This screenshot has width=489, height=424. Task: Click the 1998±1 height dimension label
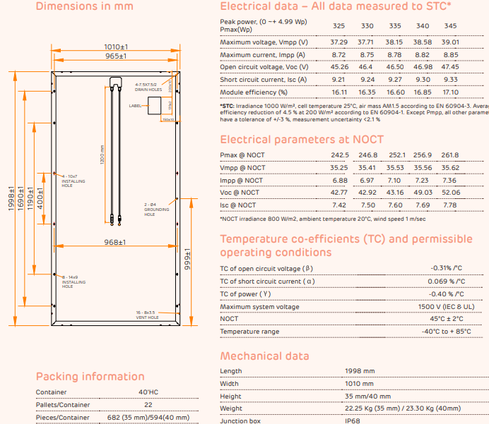[x=11, y=200]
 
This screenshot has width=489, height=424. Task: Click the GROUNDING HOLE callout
[x=157, y=210]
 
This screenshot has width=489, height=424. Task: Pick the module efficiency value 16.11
[x=339, y=92]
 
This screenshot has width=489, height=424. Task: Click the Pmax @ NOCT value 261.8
[x=450, y=155]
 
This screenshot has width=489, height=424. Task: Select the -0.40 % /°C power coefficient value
[x=447, y=294]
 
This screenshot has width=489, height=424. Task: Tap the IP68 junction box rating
[x=353, y=421]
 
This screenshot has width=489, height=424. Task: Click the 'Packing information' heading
[x=90, y=377]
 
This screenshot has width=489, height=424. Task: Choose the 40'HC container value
[x=148, y=392]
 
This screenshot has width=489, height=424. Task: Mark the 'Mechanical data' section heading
[x=265, y=356]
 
